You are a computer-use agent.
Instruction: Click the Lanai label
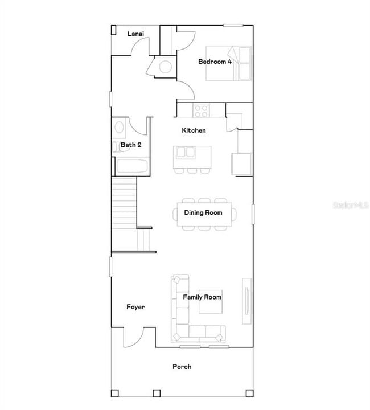click(x=135, y=34)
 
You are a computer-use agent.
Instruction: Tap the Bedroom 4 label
click(x=215, y=61)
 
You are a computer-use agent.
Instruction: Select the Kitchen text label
click(x=194, y=130)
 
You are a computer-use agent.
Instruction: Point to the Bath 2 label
click(x=131, y=145)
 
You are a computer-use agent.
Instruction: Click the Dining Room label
click(x=203, y=213)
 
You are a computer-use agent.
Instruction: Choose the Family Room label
click(x=202, y=297)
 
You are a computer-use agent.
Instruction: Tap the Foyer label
click(x=135, y=307)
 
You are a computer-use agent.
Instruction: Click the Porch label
click(x=182, y=366)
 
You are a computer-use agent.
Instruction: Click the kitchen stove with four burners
click(x=201, y=110)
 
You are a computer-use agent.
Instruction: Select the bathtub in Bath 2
click(x=132, y=167)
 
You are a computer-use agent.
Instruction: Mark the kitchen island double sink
click(x=185, y=152)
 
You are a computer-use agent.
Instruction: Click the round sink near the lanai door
click(x=165, y=67)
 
